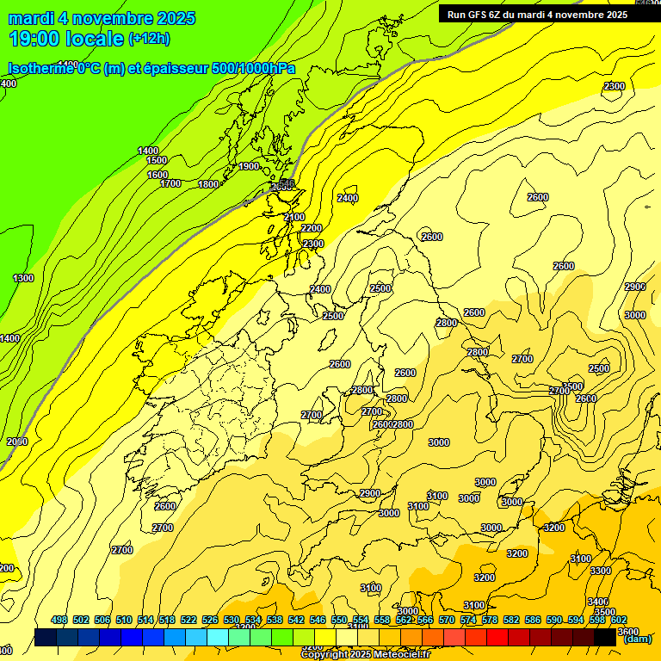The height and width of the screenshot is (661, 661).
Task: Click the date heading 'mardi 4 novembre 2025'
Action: [x=102, y=18]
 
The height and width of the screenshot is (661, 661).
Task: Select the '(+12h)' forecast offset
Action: [x=149, y=38]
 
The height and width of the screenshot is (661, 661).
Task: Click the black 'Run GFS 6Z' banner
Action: [x=536, y=14]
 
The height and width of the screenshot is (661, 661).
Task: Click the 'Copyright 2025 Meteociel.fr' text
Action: [x=365, y=655]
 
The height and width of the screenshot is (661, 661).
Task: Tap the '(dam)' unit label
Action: [x=637, y=639]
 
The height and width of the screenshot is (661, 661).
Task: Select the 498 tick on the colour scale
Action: [x=59, y=620]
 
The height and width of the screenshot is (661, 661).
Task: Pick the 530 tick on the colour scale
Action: [x=232, y=620]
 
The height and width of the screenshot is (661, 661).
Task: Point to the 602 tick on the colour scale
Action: [x=619, y=620]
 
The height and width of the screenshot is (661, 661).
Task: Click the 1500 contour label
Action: [x=157, y=160]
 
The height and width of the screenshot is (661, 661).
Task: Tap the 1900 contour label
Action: [x=250, y=166]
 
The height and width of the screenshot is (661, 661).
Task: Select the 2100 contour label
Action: [x=294, y=217]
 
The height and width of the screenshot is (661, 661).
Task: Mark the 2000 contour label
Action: [x=17, y=442]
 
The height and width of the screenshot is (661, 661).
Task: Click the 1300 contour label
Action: [x=23, y=278]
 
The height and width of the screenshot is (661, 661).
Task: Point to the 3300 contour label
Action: [x=601, y=571]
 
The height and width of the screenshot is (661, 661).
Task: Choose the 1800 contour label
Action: [x=208, y=184]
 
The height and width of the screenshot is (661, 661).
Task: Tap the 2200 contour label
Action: [x=312, y=228]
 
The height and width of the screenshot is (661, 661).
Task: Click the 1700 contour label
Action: [x=170, y=183]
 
